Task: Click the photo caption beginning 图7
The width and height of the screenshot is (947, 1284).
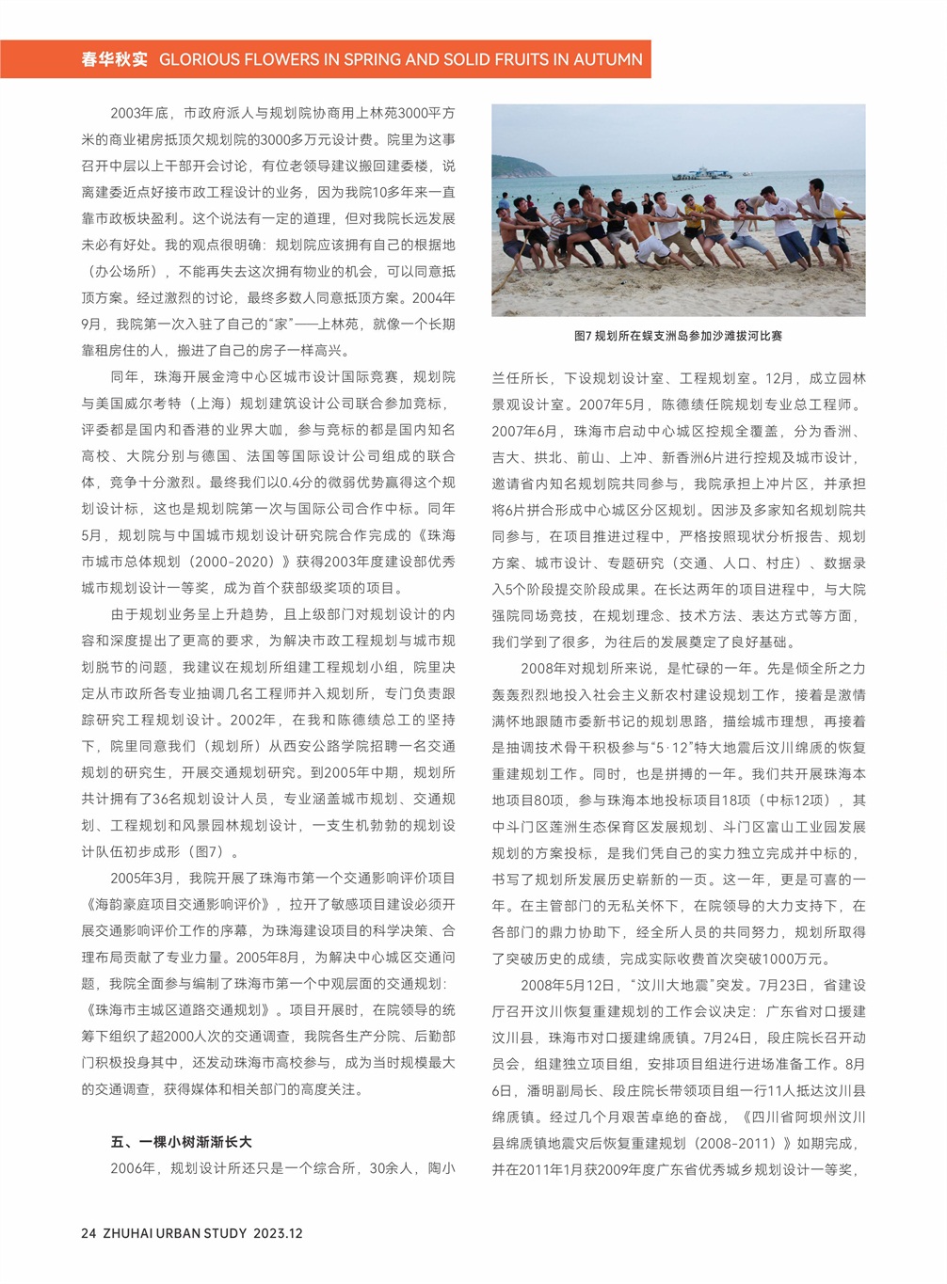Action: coord(678,336)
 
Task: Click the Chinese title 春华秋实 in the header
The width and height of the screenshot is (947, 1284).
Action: coord(114,59)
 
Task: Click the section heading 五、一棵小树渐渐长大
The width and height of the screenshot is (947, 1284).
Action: coord(181,1142)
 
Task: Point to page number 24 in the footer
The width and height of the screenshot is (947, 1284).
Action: coord(89,1233)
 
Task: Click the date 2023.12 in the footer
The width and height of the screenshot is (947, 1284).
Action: coord(278,1233)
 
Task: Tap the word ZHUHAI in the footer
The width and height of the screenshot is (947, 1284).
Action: coord(133,1233)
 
